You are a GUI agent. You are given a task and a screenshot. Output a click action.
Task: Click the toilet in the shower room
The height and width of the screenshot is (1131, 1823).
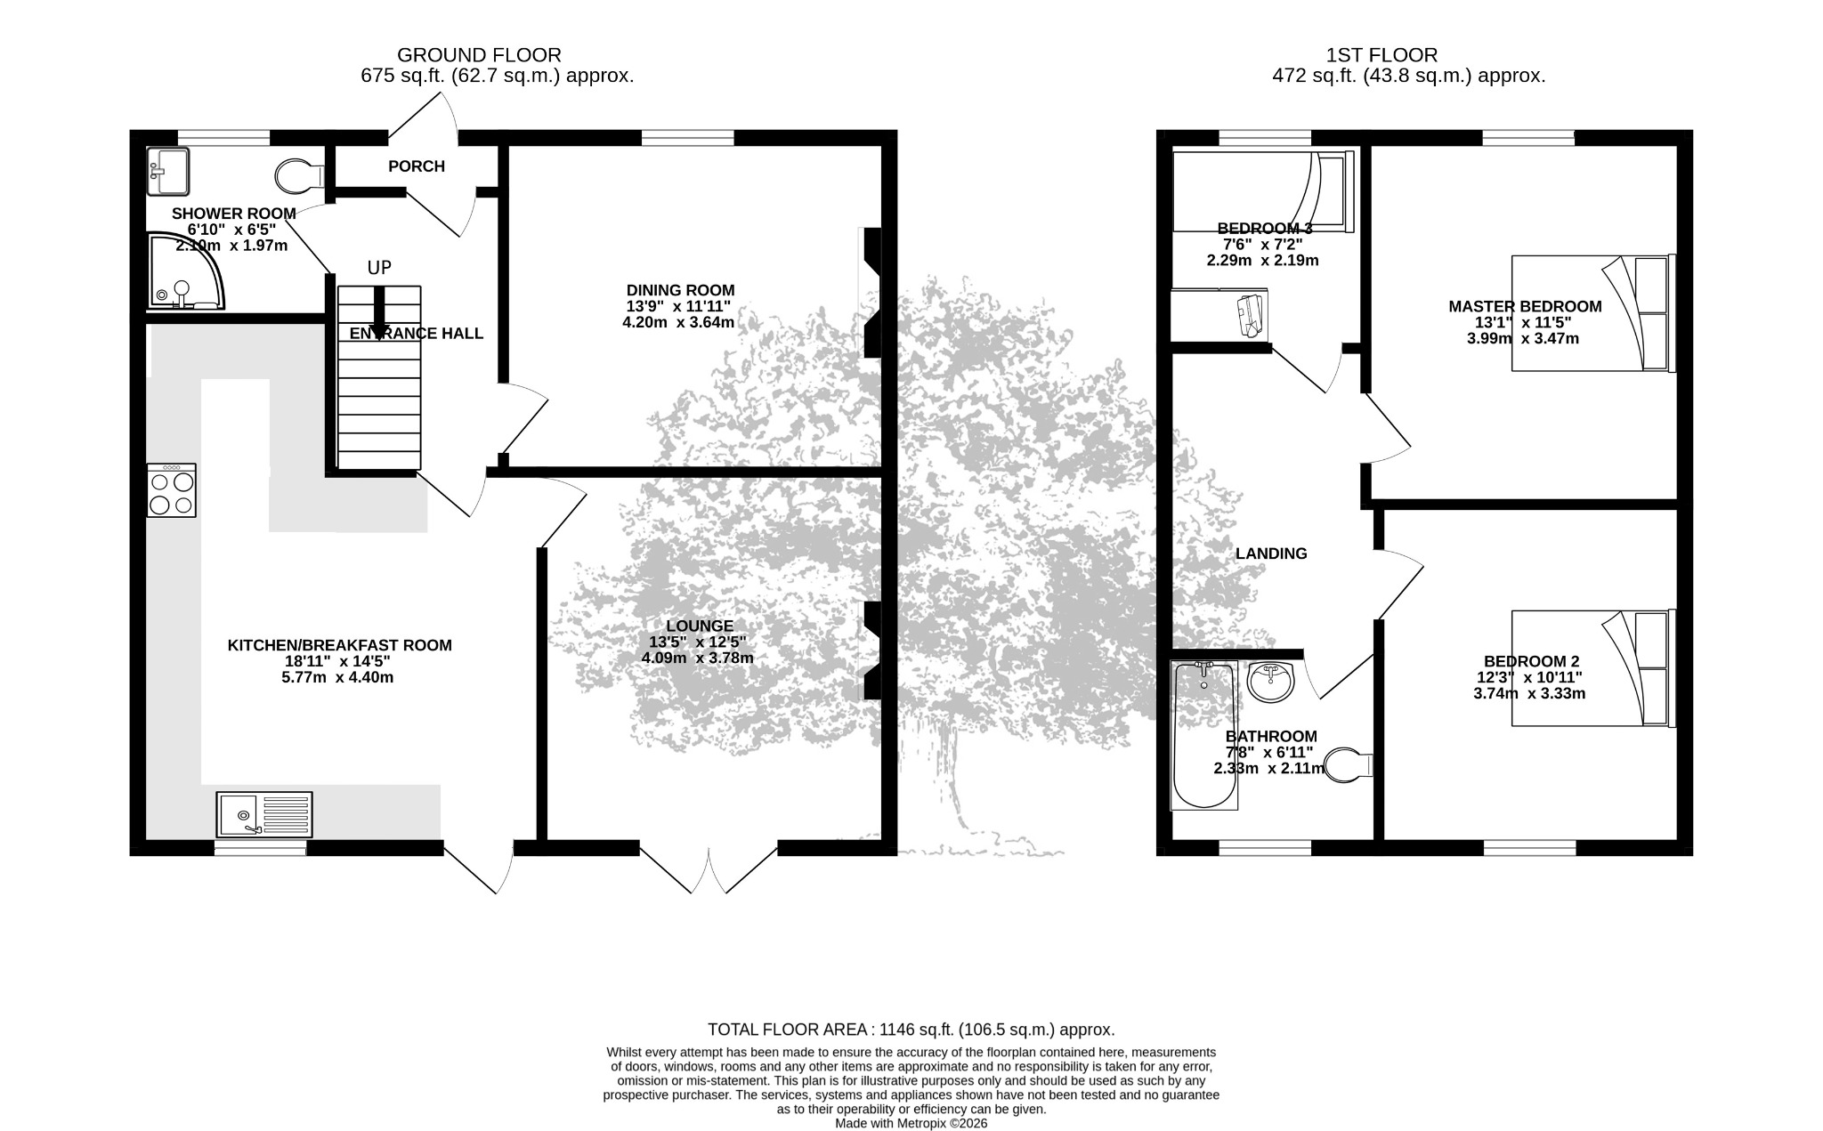[x=299, y=175]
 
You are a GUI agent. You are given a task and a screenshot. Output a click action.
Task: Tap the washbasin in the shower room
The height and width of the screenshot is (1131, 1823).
[x=168, y=171]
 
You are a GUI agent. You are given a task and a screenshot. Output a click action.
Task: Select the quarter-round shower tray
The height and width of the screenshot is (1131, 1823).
[x=185, y=271]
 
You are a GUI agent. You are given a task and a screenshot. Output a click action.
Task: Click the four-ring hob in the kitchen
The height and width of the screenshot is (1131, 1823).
[x=172, y=490]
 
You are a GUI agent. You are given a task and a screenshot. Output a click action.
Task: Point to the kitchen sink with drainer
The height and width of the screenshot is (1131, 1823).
[x=264, y=814]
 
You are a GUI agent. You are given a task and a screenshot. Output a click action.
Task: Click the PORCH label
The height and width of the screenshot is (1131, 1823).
[x=417, y=166]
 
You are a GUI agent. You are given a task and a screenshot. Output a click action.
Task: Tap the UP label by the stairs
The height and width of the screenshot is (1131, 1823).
[x=379, y=268]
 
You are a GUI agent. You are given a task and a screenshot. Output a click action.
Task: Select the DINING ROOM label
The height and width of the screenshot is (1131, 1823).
[x=681, y=290]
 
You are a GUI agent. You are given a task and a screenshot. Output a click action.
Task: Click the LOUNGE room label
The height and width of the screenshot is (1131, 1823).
[x=700, y=626]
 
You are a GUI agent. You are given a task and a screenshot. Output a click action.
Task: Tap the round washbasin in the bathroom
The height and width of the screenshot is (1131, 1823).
[x=1271, y=683]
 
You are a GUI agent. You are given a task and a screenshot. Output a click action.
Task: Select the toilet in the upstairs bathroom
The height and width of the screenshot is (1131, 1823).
[x=1349, y=765]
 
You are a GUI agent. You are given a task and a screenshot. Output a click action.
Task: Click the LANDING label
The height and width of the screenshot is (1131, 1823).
[x=1271, y=553]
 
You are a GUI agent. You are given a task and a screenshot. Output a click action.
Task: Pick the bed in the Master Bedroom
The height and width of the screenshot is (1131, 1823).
[x=1593, y=313]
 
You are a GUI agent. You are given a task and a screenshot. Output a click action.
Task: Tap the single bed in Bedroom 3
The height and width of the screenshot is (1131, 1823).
[x=1262, y=191]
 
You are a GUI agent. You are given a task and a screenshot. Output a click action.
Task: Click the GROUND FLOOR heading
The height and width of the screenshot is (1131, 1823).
[x=479, y=55]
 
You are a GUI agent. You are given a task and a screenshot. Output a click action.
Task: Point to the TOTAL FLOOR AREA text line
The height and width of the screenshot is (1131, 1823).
[x=911, y=1030]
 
